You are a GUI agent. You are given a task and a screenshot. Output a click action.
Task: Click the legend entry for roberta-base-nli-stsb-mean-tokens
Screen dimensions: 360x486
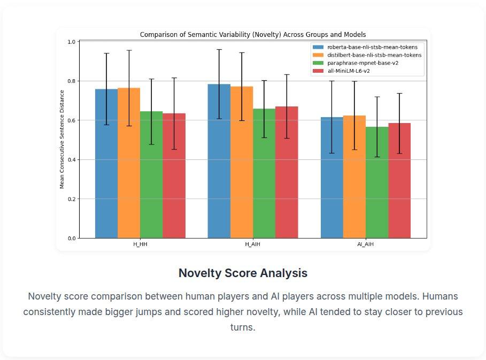(366, 47)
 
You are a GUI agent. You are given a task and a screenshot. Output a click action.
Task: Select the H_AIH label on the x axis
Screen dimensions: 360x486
(253, 244)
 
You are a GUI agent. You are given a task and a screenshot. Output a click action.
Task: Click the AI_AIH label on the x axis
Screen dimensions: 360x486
(366, 244)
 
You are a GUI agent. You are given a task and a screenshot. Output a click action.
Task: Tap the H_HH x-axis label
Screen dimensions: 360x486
(140, 244)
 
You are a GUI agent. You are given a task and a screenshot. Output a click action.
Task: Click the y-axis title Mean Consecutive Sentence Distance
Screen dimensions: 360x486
(62, 139)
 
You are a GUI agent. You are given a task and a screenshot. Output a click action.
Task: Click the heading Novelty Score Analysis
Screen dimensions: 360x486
(243, 273)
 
